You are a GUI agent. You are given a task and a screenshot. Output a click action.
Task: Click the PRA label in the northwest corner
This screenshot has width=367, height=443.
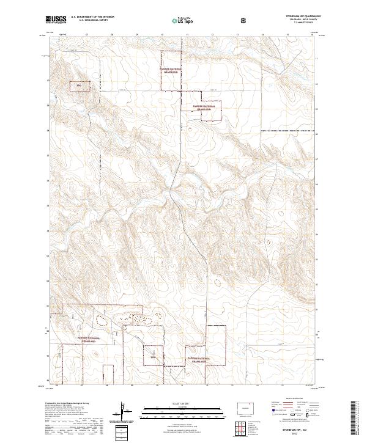(x=78, y=86)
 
